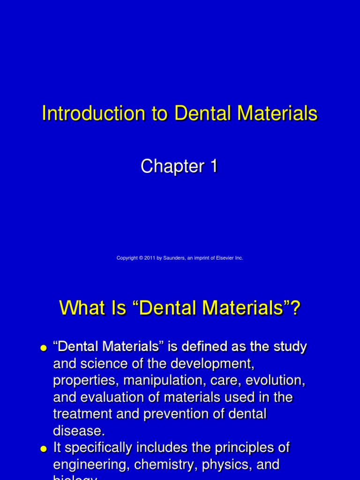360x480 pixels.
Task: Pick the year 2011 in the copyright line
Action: point(150,258)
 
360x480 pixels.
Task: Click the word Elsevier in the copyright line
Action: point(226,258)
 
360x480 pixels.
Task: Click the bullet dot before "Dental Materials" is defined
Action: point(44,348)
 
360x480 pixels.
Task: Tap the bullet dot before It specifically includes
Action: point(44,449)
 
